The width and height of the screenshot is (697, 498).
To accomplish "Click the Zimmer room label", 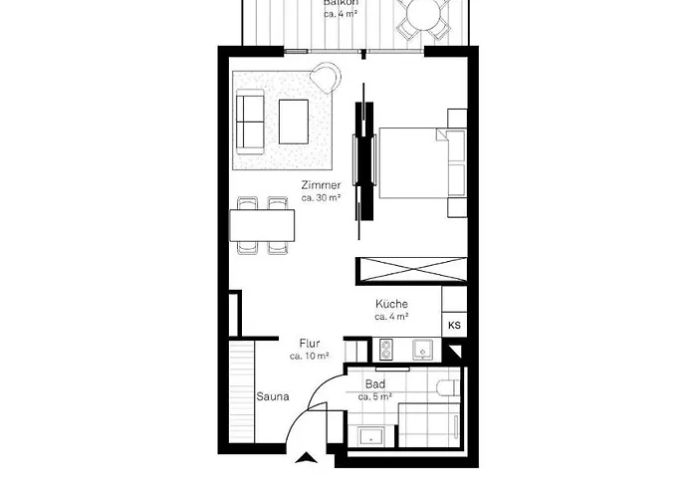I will [x=322, y=185].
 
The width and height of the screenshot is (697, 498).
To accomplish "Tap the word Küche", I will [x=391, y=304].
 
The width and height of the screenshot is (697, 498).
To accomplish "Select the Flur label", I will [x=309, y=343].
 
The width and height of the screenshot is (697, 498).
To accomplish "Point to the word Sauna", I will [x=272, y=396].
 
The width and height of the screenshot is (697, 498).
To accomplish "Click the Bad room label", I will [x=375, y=383].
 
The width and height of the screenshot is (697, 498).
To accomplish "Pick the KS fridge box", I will [x=454, y=325].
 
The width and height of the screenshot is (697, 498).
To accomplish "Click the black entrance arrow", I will [x=310, y=457].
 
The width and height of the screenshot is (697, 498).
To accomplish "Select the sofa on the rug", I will [x=249, y=121].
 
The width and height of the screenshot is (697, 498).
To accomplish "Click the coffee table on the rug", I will [x=295, y=121].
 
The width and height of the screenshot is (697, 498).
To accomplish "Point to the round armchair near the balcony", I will [x=325, y=76].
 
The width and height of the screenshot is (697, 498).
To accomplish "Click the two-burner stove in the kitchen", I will [x=388, y=349].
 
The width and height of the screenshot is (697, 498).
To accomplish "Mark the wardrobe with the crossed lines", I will [x=408, y=271].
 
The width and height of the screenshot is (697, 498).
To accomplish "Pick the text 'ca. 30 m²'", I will [x=322, y=198].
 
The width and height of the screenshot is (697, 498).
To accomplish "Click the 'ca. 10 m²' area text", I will [x=309, y=356].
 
